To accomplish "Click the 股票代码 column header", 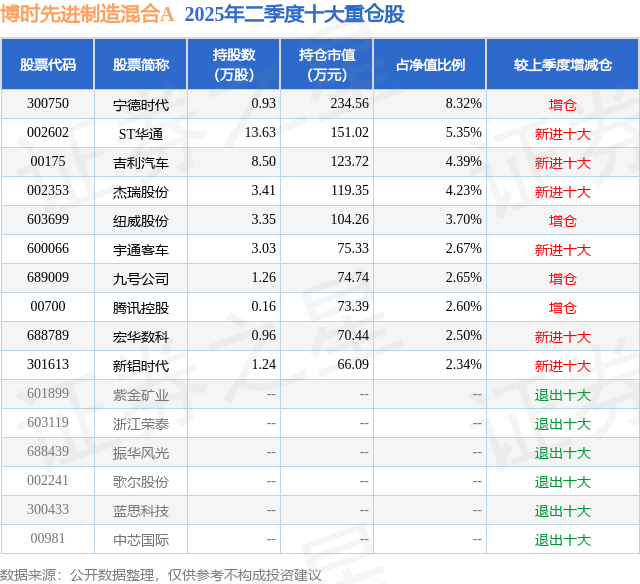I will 48,64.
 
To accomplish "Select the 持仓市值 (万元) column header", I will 326,64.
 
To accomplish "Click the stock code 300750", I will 48,104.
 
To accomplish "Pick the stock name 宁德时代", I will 141,104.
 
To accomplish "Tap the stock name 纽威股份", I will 141,220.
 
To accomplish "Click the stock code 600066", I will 48,249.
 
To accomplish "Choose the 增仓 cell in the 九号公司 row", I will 562,278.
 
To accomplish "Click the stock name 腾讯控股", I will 141,307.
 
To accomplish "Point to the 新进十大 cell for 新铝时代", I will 562,365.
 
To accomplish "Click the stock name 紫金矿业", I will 141,394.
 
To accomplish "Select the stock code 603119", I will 48,423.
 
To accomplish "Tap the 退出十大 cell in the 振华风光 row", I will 562,452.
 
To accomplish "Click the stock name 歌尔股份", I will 141,481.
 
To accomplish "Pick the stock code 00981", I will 48,539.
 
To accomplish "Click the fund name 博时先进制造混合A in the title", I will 88,14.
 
